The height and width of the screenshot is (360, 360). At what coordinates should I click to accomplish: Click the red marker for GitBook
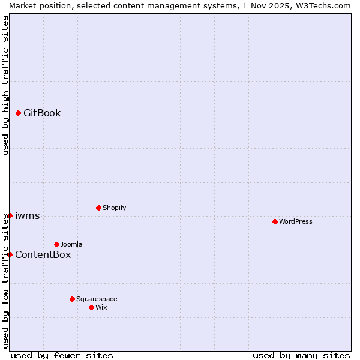click(x=18, y=113)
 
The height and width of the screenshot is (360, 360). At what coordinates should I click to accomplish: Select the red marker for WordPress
click(x=275, y=221)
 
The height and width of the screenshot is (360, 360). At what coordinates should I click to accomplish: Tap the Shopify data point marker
click(x=98, y=208)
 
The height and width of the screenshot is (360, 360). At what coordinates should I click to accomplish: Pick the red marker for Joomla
click(x=56, y=244)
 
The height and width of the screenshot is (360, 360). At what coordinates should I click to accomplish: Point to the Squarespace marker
click(x=72, y=299)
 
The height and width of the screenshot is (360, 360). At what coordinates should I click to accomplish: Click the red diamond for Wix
click(x=91, y=307)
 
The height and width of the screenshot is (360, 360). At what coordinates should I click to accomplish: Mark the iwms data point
click(x=10, y=215)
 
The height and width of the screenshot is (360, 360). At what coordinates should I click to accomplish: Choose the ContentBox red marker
click(x=10, y=254)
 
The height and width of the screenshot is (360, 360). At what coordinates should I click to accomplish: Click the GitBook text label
click(x=42, y=113)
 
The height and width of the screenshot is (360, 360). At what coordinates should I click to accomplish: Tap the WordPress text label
click(x=296, y=221)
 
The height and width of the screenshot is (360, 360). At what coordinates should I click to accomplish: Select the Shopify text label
click(x=114, y=208)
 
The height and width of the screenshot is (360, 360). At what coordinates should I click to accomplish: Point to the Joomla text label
click(x=71, y=244)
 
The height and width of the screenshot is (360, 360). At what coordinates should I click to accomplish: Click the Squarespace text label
click(x=97, y=299)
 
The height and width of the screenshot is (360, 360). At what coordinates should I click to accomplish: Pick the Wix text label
click(x=101, y=307)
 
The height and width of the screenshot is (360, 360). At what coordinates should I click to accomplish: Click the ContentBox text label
click(x=43, y=254)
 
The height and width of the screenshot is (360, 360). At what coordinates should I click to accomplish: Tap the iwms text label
click(x=27, y=215)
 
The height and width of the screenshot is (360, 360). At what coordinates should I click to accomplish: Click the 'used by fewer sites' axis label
click(x=62, y=355)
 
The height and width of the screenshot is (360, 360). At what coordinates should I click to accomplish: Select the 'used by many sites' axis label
click(x=301, y=355)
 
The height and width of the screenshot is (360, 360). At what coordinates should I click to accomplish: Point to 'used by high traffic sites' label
click(x=5, y=85)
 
